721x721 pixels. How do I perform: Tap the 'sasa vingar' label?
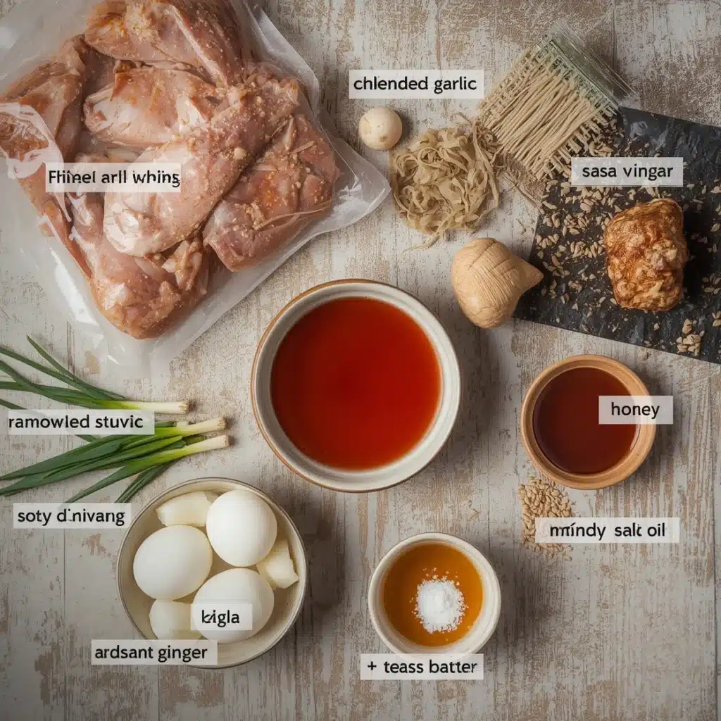click(x=626, y=172)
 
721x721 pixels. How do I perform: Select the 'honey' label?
click(x=635, y=410)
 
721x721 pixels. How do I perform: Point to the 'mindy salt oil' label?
click(x=607, y=530)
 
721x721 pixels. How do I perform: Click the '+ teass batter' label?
click(x=421, y=667)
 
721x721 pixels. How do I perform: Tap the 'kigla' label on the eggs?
click(x=220, y=617)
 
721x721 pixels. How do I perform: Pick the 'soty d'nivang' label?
click(x=72, y=516)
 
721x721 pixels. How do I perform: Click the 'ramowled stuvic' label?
click(x=80, y=422)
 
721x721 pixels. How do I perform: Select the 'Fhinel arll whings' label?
click(x=113, y=177)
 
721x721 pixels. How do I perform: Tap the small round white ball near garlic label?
click(x=380, y=128)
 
